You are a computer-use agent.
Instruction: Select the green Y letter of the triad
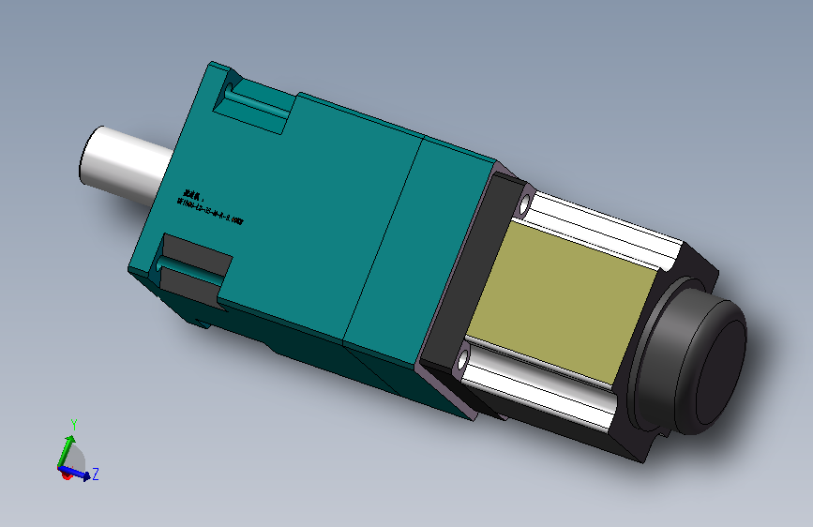point(73,424)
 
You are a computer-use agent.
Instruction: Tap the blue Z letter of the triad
point(96,474)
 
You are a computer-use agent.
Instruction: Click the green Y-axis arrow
point(68,448)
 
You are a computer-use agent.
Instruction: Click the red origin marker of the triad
point(67,475)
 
